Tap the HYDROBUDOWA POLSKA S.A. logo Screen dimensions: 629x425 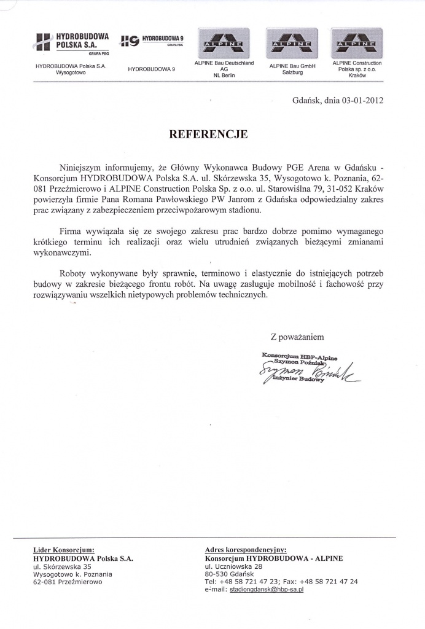point(72,44)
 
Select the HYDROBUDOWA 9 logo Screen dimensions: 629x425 point(154,42)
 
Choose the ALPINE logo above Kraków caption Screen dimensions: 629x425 point(356,43)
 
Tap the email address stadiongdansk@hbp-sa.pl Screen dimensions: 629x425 point(267,589)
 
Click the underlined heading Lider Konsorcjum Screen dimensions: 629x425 point(64,550)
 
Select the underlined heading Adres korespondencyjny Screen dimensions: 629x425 point(246,550)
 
